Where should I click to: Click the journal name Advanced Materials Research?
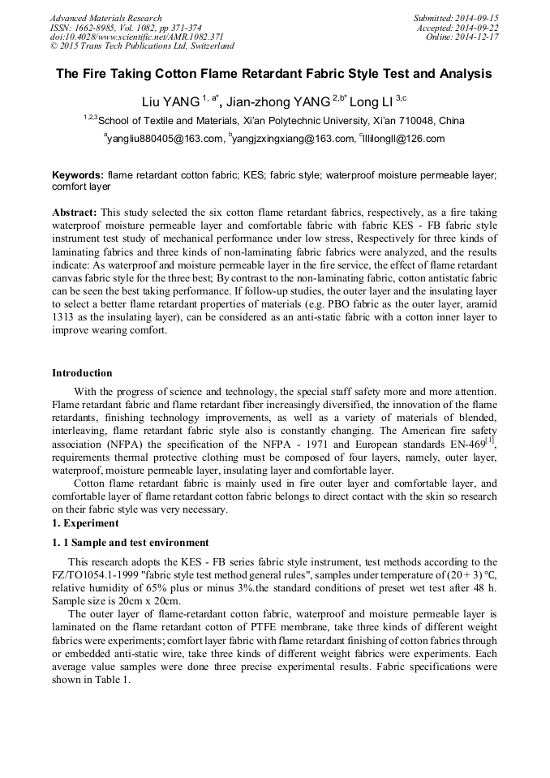pyautogui.click(x=105, y=18)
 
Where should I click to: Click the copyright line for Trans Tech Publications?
pyautogui.click(x=142, y=46)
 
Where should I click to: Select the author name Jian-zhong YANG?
pyautogui.click(x=277, y=101)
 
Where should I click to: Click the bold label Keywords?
pyautogui.click(x=78, y=175)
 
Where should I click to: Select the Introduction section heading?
pyautogui.click(x=82, y=373)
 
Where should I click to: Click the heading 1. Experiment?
pyautogui.click(x=85, y=524)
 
